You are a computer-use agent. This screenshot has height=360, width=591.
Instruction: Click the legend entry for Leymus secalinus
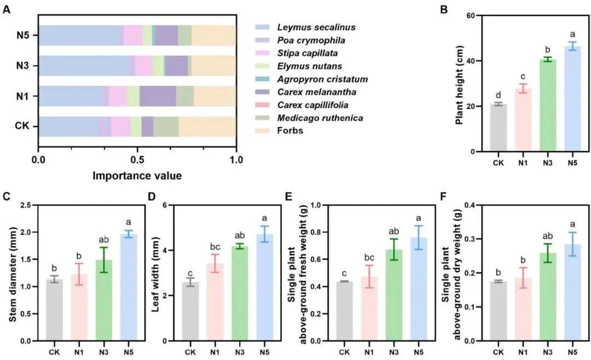pyautogui.click(x=309, y=27)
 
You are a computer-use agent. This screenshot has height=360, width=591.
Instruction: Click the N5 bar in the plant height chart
pyautogui.click(x=573, y=99)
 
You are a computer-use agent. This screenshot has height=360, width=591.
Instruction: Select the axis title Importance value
pyautogui.click(x=137, y=176)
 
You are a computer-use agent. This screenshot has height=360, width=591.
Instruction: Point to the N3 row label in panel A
pyautogui.click(x=24, y=66)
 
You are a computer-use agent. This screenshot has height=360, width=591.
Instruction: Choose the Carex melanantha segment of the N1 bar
pyautogui.click(x=158, y=96)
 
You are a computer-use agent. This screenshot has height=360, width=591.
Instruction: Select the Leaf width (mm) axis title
pyautogui.click(x=155, y=273)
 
